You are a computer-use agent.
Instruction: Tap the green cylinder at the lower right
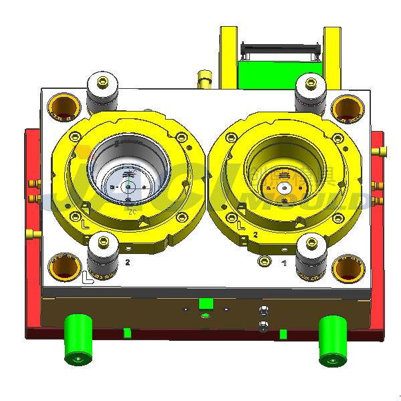(331, 342)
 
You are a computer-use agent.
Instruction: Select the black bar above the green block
(279, 48)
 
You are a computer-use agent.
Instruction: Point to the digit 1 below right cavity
(284, 263)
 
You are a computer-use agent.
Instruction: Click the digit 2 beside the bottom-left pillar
(127, 263)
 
